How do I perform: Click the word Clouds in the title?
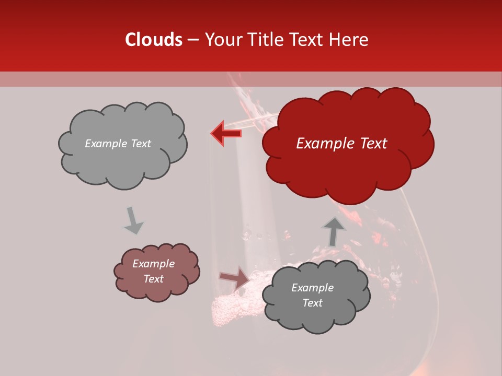click(154, 40)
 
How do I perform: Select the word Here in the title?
click(349, 40)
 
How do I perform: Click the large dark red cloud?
click(347, 144)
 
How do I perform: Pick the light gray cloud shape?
click(122, 144)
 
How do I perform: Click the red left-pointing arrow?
click(226, 133)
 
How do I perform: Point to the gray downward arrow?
click(133, 220)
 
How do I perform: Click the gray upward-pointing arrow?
click(333, 231)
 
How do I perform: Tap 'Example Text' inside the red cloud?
click(341, 144)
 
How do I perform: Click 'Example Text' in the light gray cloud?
click(118, 144)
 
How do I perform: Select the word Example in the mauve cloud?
click(153, 264)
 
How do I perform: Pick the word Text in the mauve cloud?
click(153, 279)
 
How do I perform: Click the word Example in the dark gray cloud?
click(312, 288)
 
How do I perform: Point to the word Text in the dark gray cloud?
click(312, 303)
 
